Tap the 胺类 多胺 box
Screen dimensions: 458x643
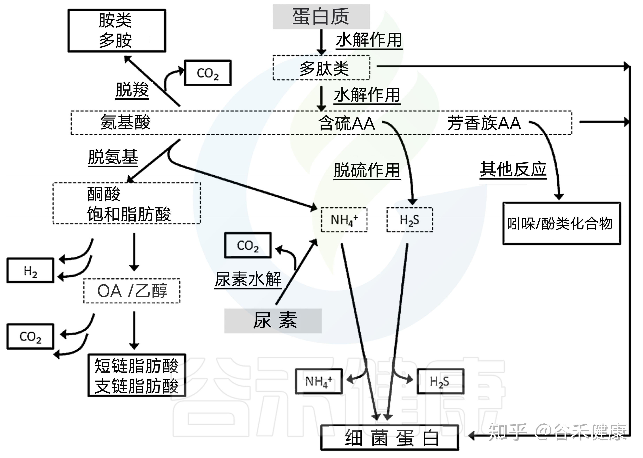tap(117, 31)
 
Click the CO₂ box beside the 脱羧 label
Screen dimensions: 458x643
tap(208, 73)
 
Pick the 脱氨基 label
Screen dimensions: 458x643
tap(113, 157)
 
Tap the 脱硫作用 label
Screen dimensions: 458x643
tap(367, 170)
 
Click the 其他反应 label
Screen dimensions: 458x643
tap(513, 169)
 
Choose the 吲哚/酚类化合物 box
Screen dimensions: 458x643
tap(562, 223)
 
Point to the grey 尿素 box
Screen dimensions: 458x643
tap(273, 321)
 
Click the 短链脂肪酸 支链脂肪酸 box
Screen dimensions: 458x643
tap(137, 375)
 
